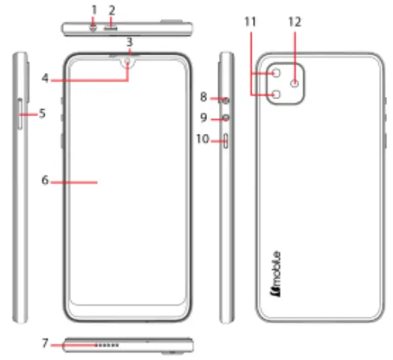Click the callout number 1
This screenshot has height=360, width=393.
coord(94,10)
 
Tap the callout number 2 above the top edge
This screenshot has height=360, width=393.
coord(112,10)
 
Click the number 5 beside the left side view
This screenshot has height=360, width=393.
coord(41,113)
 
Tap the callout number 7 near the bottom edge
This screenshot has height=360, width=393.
coord(45,343)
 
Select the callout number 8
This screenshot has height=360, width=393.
coord(204,97)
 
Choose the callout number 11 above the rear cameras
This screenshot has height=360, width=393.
coord(250,22)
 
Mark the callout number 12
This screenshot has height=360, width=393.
coord(294,22)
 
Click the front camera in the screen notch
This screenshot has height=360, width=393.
coord(129,64)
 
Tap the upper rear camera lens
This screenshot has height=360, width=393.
coord(276,73)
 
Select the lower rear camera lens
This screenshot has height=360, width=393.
coord(276,95)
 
